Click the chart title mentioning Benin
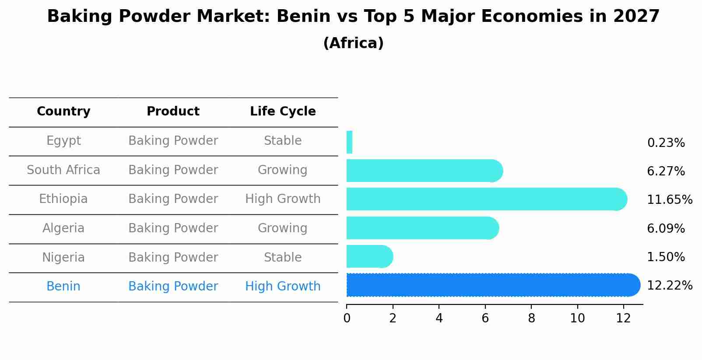[x=353, y=17]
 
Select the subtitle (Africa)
[x=353, y=43]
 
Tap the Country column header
[x=63, y=112]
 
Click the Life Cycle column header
[x=283, y=112]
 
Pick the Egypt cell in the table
[x=63, y=141]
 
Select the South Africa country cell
[x=63, y=170]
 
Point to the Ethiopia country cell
[x=63, y=199]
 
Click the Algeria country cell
[x=63, y=228]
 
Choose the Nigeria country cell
[x=63, y=258]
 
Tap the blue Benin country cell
[x=63, y=287]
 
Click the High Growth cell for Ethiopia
[x=283, y=199]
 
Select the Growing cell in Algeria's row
[x=283, y=228]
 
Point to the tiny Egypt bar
[x=349, y=142]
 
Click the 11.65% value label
[x=670, y=200]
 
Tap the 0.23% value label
[x=666, y=143]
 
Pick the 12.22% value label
[x=670, y=286]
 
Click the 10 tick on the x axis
[x=577, y=318]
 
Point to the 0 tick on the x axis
[x=347, y=318]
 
